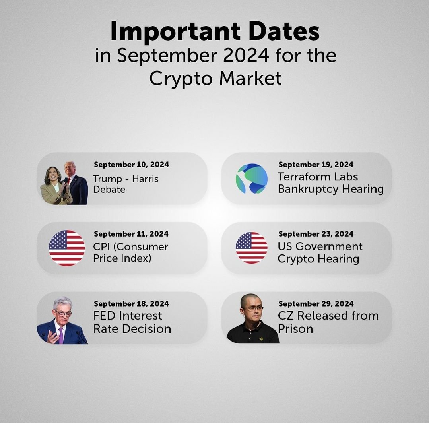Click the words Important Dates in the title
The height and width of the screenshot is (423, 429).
pyautogui.click(x=215, y=31)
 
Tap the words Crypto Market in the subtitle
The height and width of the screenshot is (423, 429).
pyautogui.click(x=215, y=78)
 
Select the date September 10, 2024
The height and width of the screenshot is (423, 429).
pyautogui.click(x=131, y=164)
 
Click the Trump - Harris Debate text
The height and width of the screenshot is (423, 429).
pyautogui.click(x=126, y=184)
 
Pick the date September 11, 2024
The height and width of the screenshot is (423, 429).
pyautogui.click(x=131, y=234)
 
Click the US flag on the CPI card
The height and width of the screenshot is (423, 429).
pyautogui.click(x=67, y=248)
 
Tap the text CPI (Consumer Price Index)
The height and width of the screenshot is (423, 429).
pyautogui.click(x=130, y=252)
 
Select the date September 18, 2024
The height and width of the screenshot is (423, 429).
pyautogui.click(x=131, y=304)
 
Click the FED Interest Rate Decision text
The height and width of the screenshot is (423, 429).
pyautogui.click(x=132, y=322)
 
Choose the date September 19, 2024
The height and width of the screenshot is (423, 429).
pyautogui.click(x=316, y=164)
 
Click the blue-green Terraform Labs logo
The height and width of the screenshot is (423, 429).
pyautogui.click(x=251, y=179)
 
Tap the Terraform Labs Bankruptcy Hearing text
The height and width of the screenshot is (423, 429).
pyautogui.click(x=330, y=183)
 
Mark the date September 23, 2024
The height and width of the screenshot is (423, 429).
pyautogui.click(x=316, y=234)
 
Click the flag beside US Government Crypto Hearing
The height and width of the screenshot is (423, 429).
pyautogui.click(x=251, y=248)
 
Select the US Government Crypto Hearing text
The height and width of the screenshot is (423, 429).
pyautogui.click(x=320, y=252)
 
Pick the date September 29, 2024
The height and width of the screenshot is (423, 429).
pyautogui.click(x=316, y=304)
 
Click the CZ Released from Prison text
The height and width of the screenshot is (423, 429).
pyautogui.click(x=328, y=322)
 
